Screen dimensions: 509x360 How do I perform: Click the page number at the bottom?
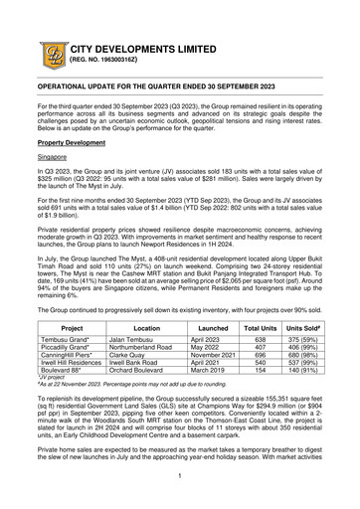[x=180, y=475]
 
